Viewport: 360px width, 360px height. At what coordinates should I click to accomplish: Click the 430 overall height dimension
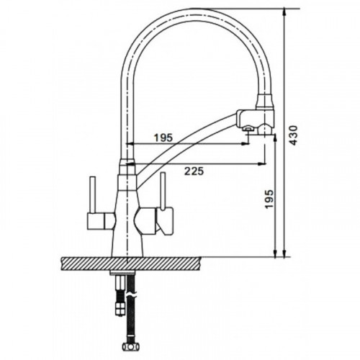click(294, 135)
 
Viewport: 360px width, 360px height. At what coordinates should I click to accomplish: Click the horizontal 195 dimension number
click(163, 138)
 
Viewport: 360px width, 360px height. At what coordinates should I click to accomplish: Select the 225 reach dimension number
click(194, 171)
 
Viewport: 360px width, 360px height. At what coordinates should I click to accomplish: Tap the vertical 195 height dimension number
click(269, 199)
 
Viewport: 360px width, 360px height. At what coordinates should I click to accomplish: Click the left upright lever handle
click(93, 194)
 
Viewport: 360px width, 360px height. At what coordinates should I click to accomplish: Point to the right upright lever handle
click(163, 192)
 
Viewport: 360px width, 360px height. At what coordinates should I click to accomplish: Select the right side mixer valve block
click(154, 221)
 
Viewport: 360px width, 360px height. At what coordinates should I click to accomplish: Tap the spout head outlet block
click(255, 120)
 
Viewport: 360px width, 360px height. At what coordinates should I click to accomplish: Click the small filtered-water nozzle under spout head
click(247, 129)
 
